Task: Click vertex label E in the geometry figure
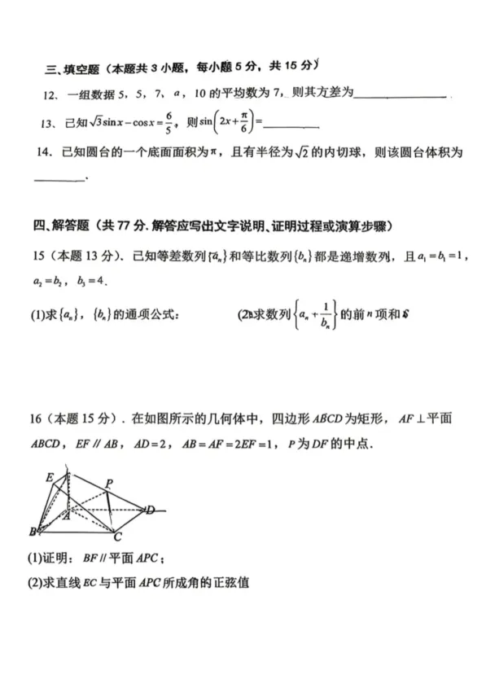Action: pos(49,477)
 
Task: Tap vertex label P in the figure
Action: pos(109,483)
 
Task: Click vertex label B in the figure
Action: pos(33,532)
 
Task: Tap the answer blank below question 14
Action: pos(60,181)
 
